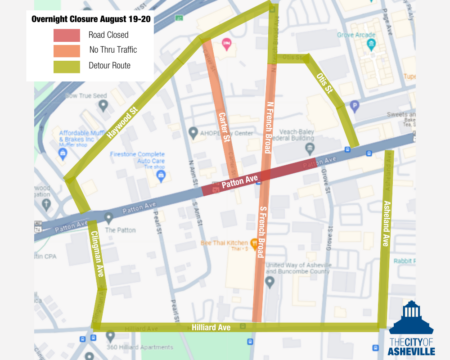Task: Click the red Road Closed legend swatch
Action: tap(73, 34)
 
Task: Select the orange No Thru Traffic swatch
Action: tap(73, 50)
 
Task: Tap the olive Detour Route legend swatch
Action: tap(73, 66)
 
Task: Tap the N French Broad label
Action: tap(268, 126)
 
